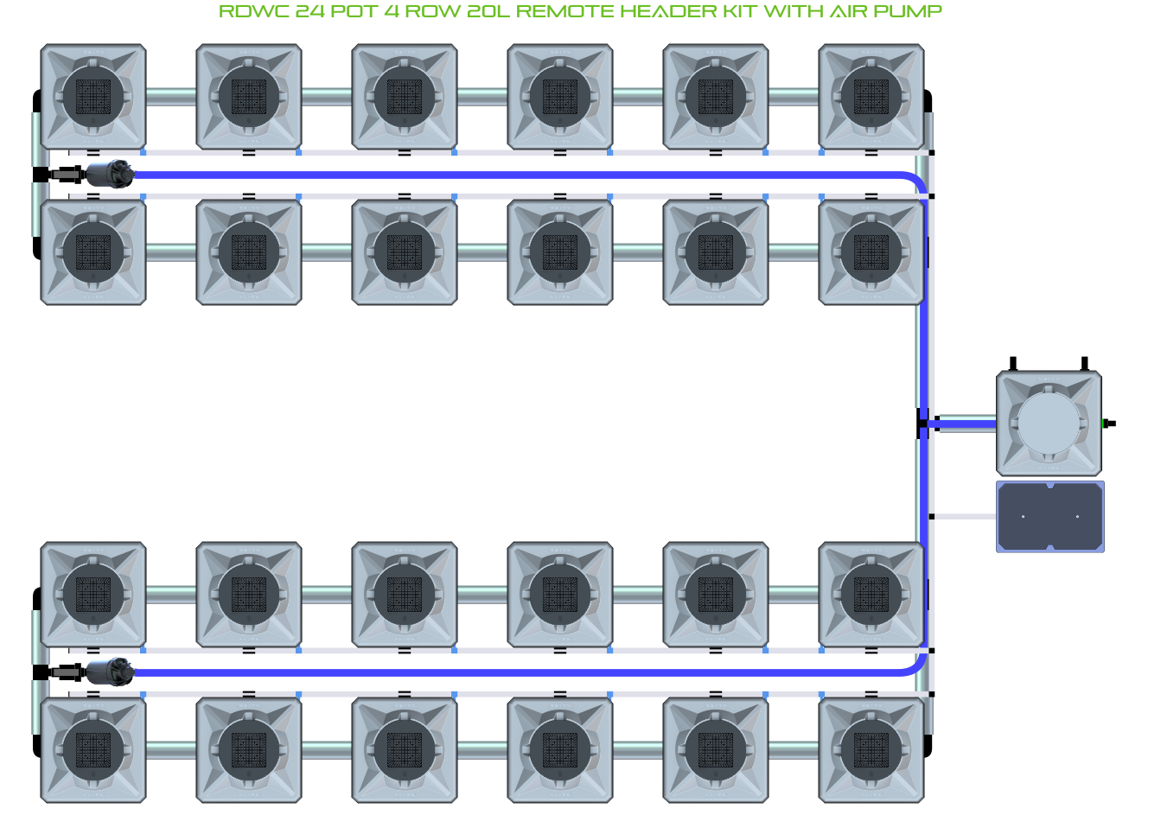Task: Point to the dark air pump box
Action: tap(1050, 517)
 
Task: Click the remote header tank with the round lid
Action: tap(1049, 424)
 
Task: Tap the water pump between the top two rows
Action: tap(110, 175)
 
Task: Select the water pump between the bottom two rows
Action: tap(110, 672)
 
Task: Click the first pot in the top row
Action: tap(93, 97)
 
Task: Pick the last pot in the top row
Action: tap(871, 97)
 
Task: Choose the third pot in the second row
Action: tap(405, 252)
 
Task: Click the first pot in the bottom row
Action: tap(93, 750)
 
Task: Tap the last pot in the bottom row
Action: tap(871, 750)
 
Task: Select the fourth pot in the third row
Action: tap(560, 595)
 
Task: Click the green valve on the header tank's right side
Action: tap(1109, 424)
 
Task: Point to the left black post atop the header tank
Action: tap(1013, 364)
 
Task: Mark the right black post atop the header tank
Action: tap(1084, 364)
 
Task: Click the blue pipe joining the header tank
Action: tap(964, 424)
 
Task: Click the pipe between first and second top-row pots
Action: tap(171, 97)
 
